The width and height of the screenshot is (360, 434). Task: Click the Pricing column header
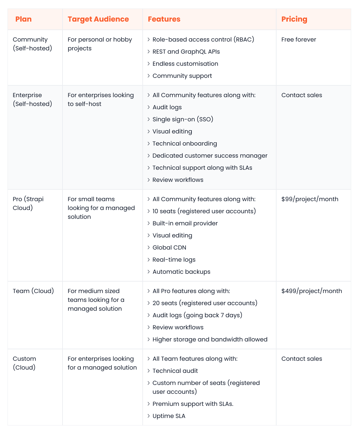294,19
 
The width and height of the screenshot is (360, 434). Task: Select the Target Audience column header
98,19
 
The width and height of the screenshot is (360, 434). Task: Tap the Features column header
164,19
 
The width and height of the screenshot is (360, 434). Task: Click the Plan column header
24,19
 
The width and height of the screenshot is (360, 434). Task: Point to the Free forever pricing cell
298,40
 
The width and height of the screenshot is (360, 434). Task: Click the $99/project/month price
310,199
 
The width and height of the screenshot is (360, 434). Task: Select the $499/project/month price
312,291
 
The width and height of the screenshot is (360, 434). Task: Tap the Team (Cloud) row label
33,291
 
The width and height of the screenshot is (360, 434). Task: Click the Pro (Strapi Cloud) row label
28,203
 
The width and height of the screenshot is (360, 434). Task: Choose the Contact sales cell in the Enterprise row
301,95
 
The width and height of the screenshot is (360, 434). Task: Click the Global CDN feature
169,248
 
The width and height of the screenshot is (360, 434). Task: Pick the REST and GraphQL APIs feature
186,52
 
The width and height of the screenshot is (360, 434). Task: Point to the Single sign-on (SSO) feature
183,119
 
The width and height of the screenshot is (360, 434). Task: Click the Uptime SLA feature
169,416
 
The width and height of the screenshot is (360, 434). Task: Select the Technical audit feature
175,371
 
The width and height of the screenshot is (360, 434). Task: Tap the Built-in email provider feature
185,223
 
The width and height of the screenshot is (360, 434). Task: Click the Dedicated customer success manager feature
210,156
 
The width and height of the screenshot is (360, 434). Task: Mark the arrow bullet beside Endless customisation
149,64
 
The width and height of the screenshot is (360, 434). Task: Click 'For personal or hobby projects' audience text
99,44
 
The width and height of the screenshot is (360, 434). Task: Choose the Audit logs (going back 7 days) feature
197,315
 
